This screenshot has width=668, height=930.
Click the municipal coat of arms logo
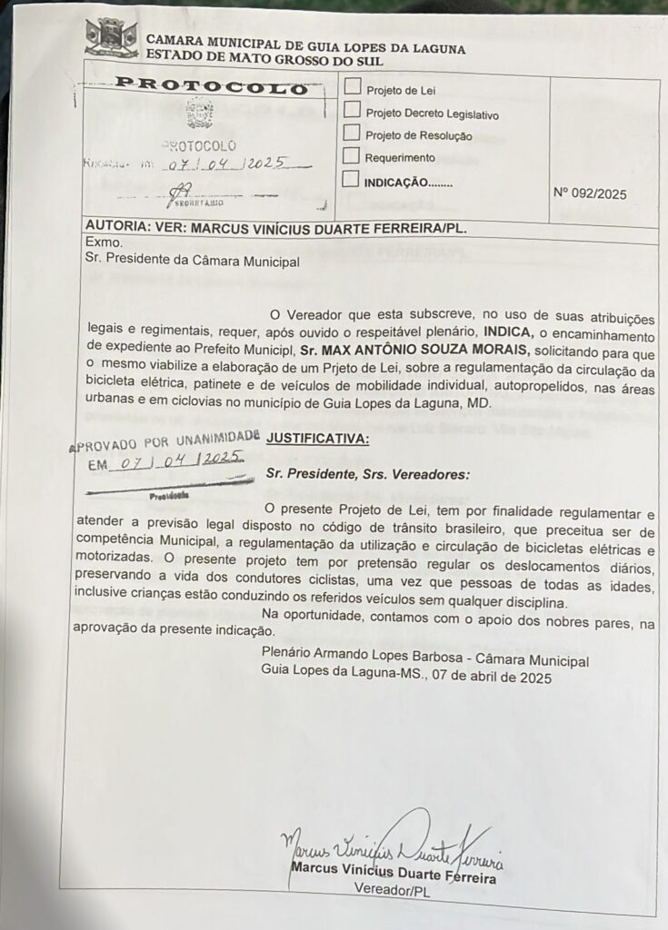click(x=111, y=37)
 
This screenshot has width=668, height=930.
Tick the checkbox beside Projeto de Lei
click(x=352, y=88)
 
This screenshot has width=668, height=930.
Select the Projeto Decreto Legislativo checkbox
click(x=352, y=110)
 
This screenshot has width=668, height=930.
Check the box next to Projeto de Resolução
click(x=352, y=133)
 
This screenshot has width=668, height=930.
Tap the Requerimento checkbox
click(x=352, y=155)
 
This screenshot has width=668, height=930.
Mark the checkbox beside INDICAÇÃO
click(x=351, y=179)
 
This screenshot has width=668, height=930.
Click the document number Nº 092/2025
click(x=589, y=193)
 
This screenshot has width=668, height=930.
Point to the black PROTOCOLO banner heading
click(x=212, y=88)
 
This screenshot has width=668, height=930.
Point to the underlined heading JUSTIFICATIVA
click(x=318, y=440)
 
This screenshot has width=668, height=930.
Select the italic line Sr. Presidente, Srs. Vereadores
click(x=367, y=473)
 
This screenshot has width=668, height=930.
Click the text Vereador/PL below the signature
click(x=394, y=893)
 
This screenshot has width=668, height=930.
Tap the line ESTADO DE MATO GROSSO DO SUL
click(x=264, y=61)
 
